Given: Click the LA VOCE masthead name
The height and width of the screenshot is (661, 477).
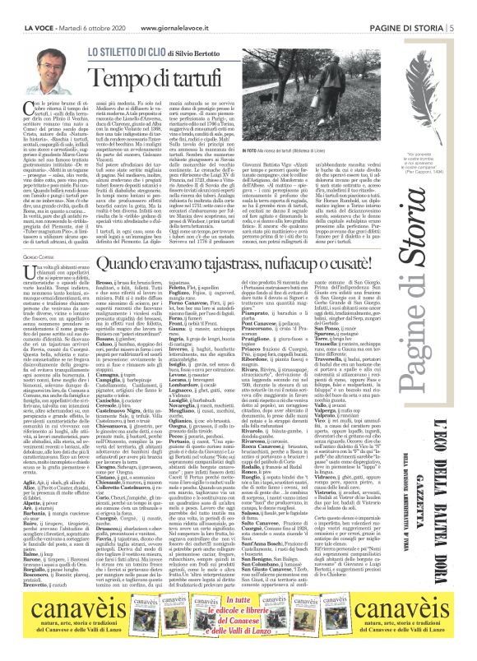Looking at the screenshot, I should (30, 7).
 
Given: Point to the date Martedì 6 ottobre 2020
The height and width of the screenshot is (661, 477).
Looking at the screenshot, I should (91, 7).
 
